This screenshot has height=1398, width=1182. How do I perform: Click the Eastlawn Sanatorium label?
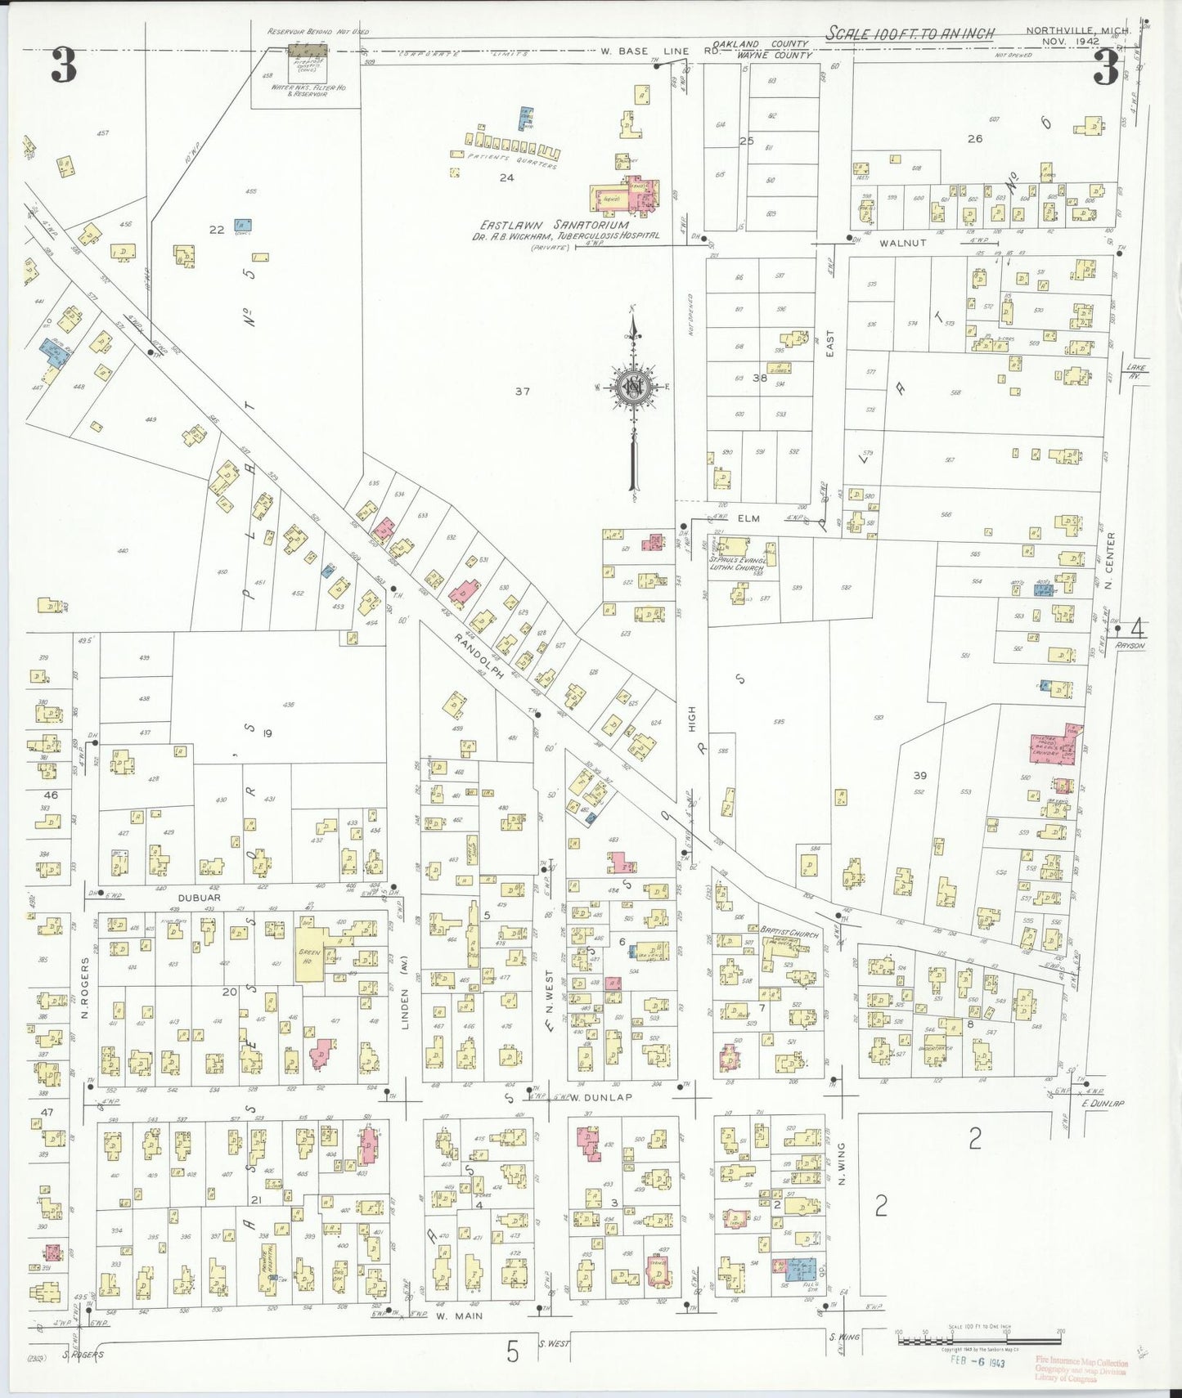click(555, 225)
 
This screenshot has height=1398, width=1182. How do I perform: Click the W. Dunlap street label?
click(602, 1097)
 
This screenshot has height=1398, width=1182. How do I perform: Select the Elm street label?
click(748, 518)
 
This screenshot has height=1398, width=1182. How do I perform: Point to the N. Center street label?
click(1110, 561)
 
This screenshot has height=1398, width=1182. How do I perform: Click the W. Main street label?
click(459, 1316)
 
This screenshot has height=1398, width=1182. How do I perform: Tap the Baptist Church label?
click(789, 933)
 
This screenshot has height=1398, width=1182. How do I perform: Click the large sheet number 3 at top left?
click(64, 65)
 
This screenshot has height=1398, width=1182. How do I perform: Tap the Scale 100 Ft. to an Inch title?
click(910, 34)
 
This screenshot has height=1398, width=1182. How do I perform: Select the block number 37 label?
click(522, 392)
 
